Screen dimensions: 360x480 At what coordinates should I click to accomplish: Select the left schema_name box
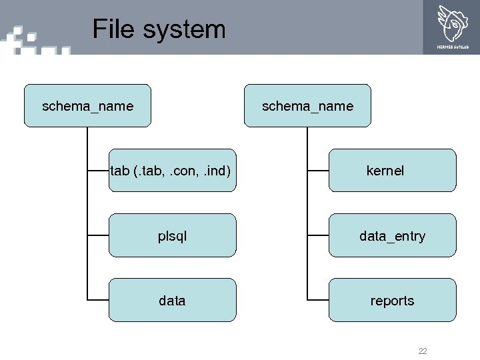pyautogui.click(x=87, y=105)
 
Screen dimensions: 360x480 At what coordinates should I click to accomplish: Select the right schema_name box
pyautogui.click(x=307, y=105)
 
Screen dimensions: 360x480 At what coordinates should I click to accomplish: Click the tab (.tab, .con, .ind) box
pyautogui.click(x=172, y=171)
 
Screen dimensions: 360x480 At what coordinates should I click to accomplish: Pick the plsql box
pyautogui.click(x=172, y=235)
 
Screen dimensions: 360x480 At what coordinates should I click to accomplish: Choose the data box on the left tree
pyautogui.click(x=172, y=300)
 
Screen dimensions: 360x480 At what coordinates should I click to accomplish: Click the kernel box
pyautogui.click(x=392, y=171)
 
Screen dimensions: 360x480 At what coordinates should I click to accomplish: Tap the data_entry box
pyautogui.click(x=392, y=235)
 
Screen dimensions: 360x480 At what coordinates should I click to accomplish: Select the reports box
pyautogui.click(x=392, y=300)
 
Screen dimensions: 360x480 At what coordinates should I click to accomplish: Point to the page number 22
pyautogui.click(x=423, y=351)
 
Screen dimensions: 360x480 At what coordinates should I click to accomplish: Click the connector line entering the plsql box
pyautogui.click(x=98, y=235)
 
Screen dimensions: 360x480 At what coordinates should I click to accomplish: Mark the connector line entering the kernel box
pyautogui.click(x=318, y=171)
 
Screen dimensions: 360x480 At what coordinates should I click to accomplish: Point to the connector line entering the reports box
pyautogui.click(x=318, y=300)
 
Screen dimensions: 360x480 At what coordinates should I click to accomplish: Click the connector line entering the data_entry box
pyautogui.click(x=318, y=235)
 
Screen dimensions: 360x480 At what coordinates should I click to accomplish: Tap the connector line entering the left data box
pyautogui.click(x=98, y=300)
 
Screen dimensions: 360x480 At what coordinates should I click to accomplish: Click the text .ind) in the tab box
pyautogui.click(x=216, y=171)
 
